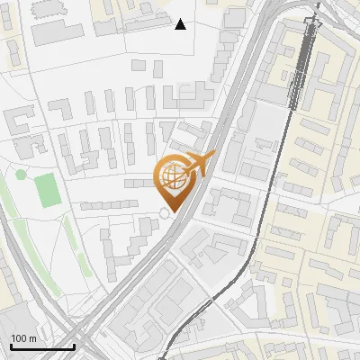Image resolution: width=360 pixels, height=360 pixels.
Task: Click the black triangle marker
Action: click(x=180, y=24)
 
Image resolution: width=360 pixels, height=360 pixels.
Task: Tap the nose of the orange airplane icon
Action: click(x=214, y=154)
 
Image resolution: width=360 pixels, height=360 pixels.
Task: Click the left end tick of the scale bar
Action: click(x=11, y=346)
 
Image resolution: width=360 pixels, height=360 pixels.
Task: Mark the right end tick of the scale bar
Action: click(x=74, y=346)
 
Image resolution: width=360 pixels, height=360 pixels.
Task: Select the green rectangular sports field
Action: click(x=47, y=188)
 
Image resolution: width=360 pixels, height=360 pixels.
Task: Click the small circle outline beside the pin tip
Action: click(x=164, y=212)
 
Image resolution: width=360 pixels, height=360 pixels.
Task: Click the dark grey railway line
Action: click(x=297, y=81)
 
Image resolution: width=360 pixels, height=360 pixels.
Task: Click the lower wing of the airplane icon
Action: click(x=191, y=172)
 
